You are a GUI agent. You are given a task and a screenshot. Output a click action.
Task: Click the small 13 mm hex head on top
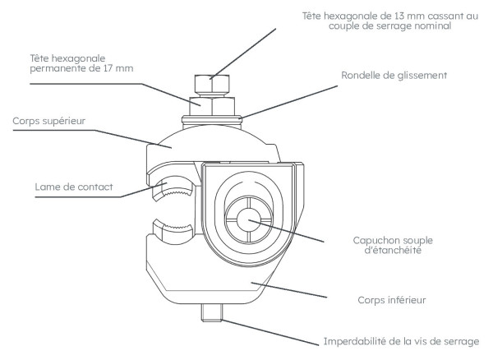pyautogui.click(x=210, y=85)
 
